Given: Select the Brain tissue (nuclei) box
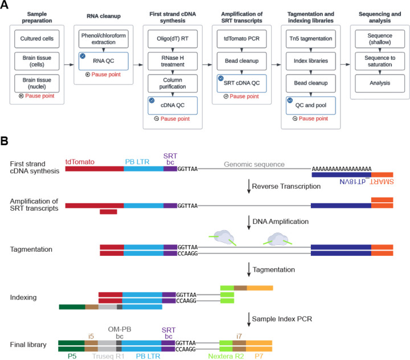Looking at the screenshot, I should (x=40, y=81).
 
